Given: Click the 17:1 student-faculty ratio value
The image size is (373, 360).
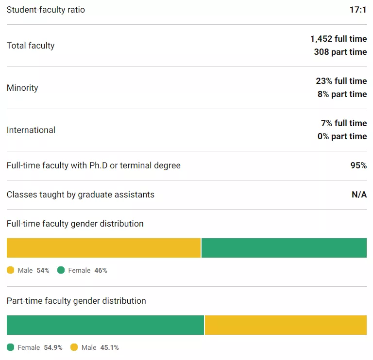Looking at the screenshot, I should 358,10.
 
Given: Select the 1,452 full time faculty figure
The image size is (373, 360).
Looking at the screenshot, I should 339,39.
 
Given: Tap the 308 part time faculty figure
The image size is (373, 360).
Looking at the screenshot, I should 340,52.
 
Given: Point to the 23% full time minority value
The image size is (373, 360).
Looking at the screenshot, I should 341,81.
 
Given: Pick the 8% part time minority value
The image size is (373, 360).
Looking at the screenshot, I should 342,94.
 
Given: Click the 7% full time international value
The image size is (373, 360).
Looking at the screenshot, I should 343,123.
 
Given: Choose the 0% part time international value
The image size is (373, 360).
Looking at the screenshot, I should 342,136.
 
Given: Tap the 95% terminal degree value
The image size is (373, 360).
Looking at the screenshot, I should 358,165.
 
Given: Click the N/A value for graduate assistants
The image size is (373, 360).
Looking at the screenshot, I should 359,195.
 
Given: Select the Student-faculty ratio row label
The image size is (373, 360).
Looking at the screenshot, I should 46,10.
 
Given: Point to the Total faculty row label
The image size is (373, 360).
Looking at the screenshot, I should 31,46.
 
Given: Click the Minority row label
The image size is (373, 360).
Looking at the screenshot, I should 22,88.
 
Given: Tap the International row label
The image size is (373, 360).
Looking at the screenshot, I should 31,130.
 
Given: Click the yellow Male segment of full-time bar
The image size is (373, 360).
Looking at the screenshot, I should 103,248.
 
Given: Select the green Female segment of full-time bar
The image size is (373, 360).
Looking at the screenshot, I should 284,248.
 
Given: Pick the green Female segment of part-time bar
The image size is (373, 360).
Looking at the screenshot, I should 105,325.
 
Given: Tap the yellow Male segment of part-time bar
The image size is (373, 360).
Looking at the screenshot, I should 286,325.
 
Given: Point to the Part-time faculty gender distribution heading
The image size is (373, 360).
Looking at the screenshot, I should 76,301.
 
